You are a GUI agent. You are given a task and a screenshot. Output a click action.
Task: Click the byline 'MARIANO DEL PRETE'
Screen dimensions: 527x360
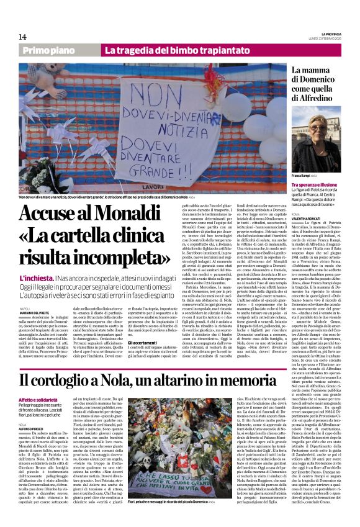[x=38, y=313]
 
